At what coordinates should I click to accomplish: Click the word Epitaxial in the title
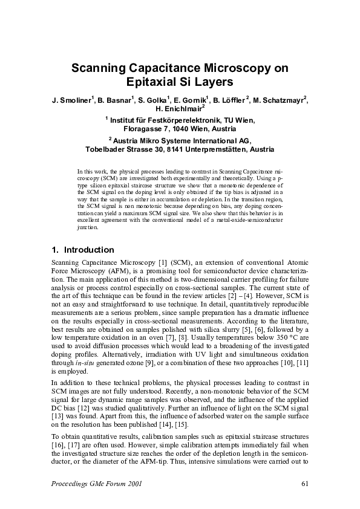pos(154,82)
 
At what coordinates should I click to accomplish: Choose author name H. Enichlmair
pos(179,109)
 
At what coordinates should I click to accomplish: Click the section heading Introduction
pos(89,250)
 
